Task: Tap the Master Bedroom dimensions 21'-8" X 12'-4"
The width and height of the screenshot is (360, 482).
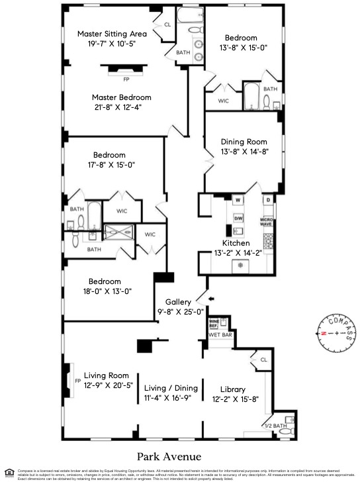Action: coord(117,107)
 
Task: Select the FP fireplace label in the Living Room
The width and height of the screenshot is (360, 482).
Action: coord(77,381)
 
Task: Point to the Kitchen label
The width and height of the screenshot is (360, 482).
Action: coord(236,243)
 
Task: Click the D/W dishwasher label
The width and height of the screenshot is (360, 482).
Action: coord(237,218)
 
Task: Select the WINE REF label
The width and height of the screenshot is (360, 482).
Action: coord(214,324)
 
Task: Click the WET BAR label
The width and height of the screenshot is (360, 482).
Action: coord(220,336)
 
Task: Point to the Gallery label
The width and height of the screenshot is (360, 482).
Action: coord(178,301)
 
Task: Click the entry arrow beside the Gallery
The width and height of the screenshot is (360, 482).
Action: coord(211,299)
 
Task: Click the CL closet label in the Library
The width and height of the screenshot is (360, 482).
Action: coord(263,360)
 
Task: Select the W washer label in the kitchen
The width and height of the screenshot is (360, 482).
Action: coord(236,199)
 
